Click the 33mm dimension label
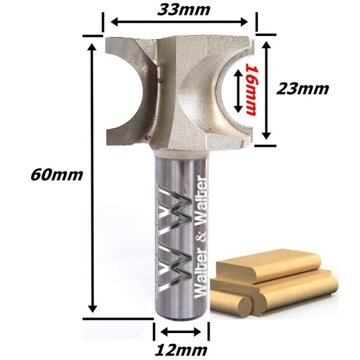pos(184,10)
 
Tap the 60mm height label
pos(56,175)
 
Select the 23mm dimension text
pos(302,89)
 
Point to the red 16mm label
pos(250,89)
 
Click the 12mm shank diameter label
pos(181,350)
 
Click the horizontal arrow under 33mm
pos(179,22)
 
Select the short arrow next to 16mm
pos(238,91)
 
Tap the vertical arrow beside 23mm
pos(266,90)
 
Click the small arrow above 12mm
pos(181,332)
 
